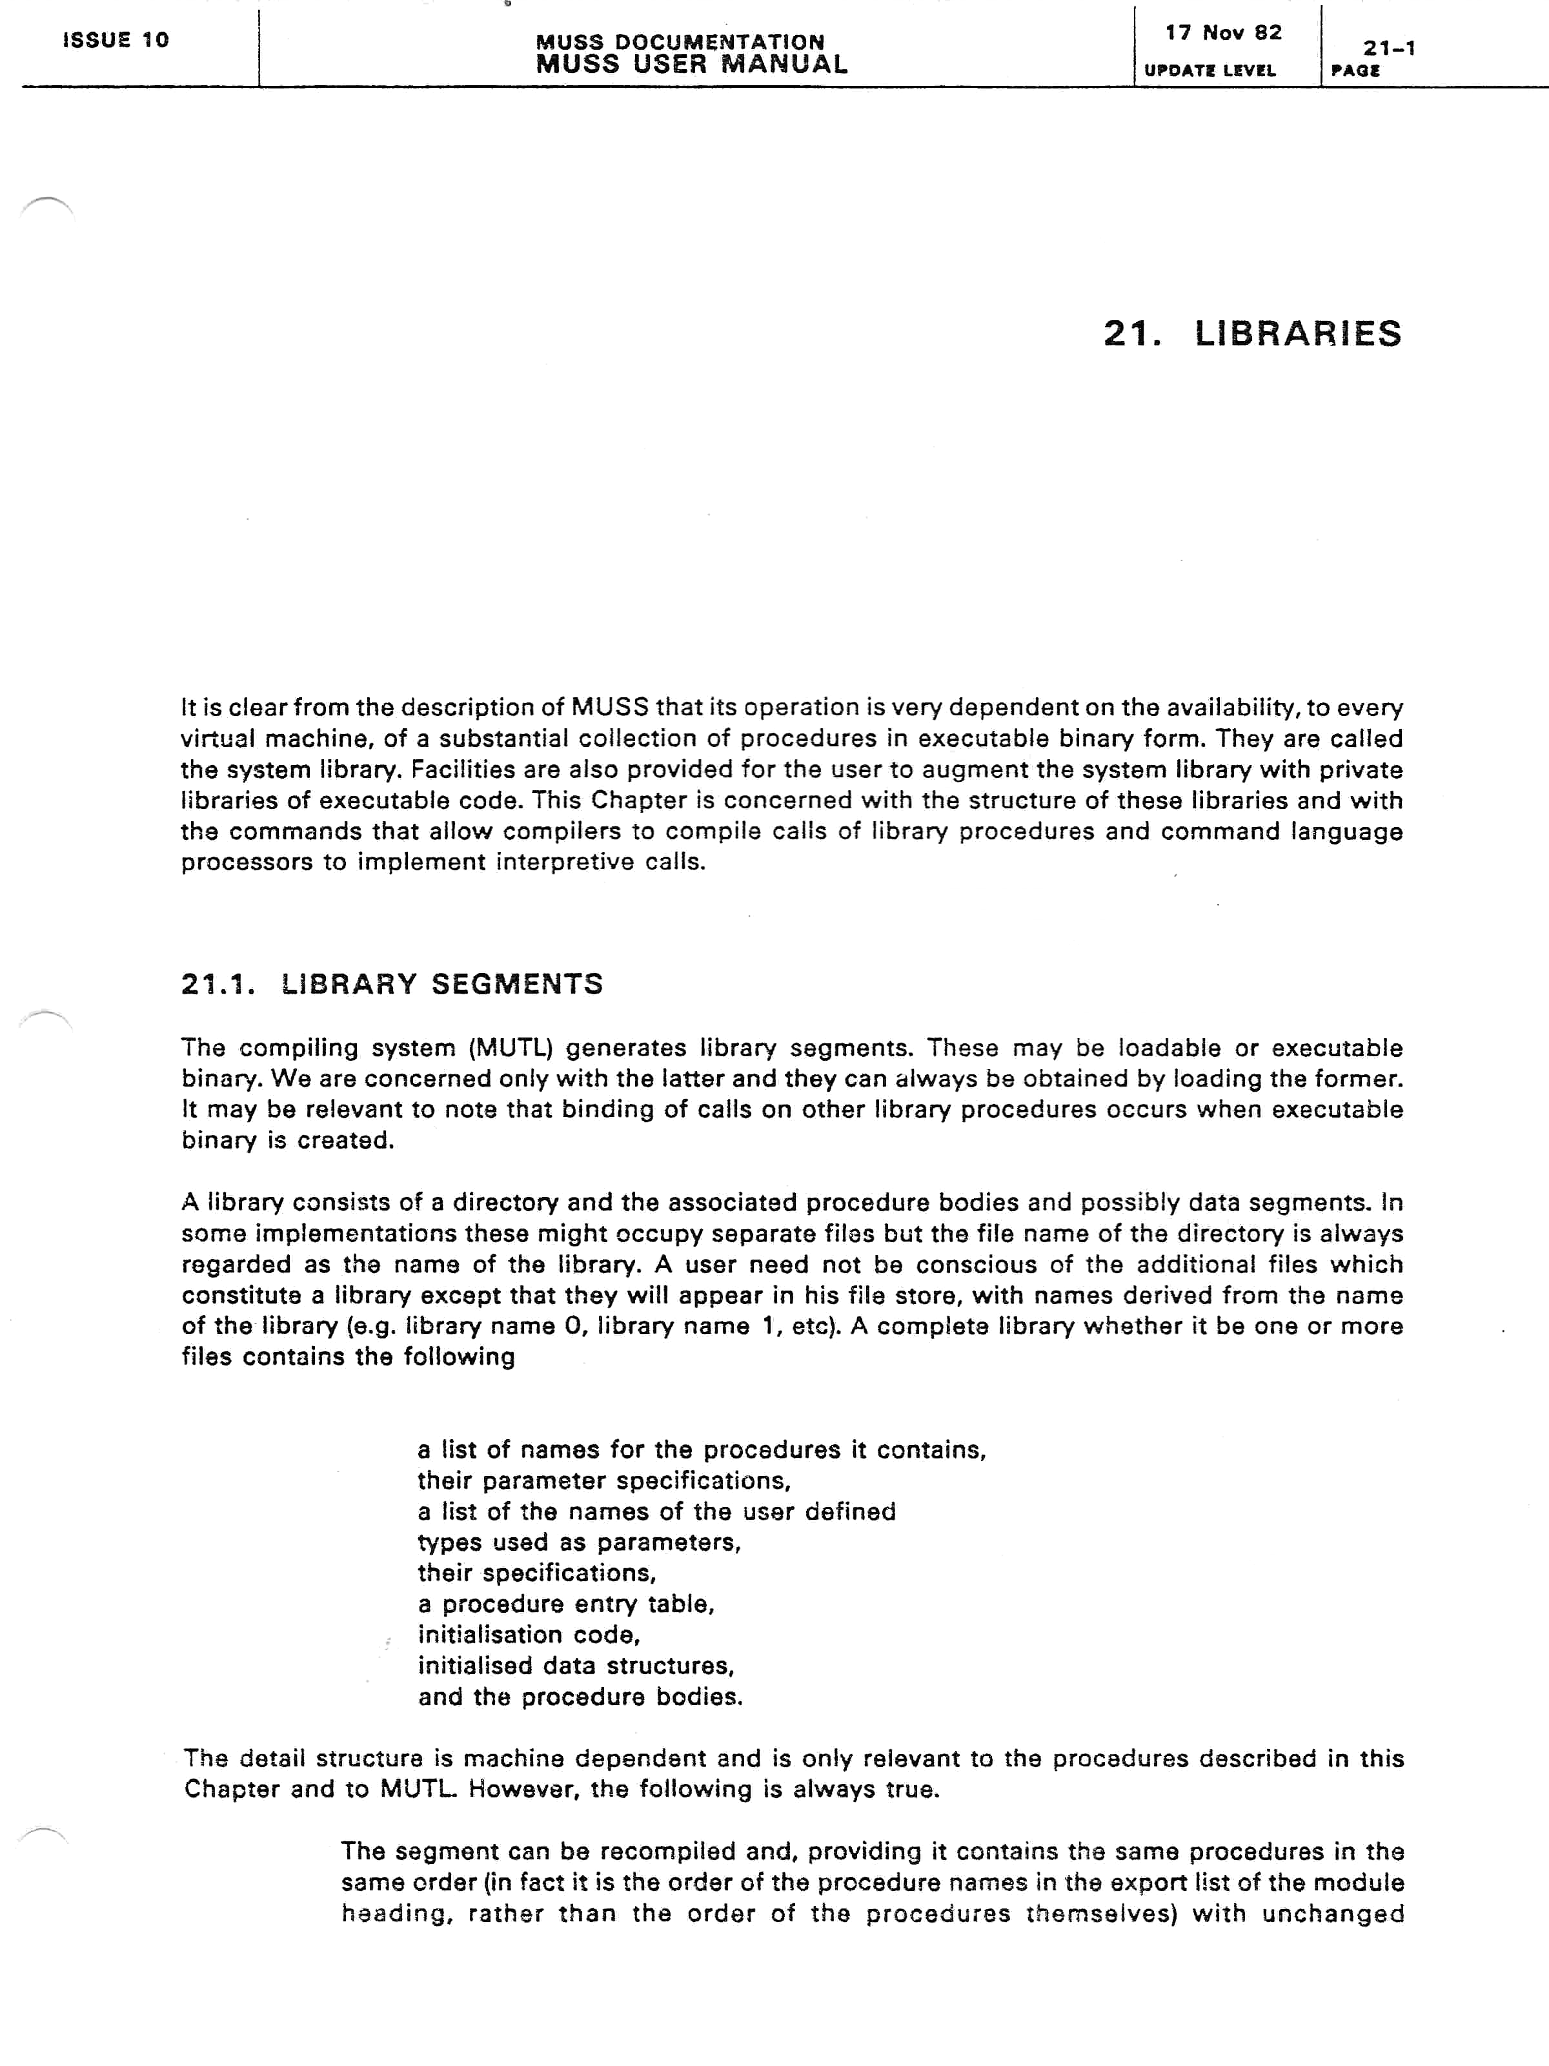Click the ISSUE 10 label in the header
coord(116,40)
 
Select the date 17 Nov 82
coord(1223,34)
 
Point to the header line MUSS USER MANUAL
coord(691,65)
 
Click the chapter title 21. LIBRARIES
coord(1251,333)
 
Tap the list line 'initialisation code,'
coord(529,1635)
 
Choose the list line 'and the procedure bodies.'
coord(580,1696)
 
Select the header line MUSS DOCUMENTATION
coord(680,42)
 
